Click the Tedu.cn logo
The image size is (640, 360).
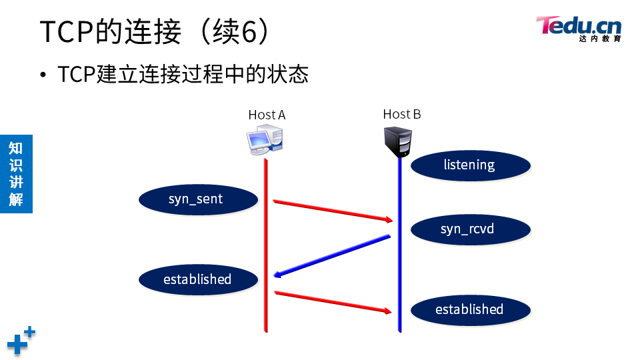[x=579, y=28]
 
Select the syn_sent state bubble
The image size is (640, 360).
[x=198, y=199]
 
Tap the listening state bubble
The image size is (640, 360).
[x=469, y=165]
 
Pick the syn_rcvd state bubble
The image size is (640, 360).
[x=469, y=229]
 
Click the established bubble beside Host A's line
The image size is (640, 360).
[x=198, y=279]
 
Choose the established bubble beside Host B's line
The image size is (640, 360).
[x=469, y=309]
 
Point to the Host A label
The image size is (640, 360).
[x=267, y=115]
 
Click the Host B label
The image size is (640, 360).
[x=402, y=114]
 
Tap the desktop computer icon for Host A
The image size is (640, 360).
[x=265, y=141]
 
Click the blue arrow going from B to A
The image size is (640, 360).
[x=332, y=255]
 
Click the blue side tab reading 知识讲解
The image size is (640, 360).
[x=16, y=173]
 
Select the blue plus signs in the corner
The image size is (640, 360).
[x=21, y=341]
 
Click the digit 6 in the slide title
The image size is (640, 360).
[x=249, y=31]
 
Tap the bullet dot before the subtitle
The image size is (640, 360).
[x=44, y=75]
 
